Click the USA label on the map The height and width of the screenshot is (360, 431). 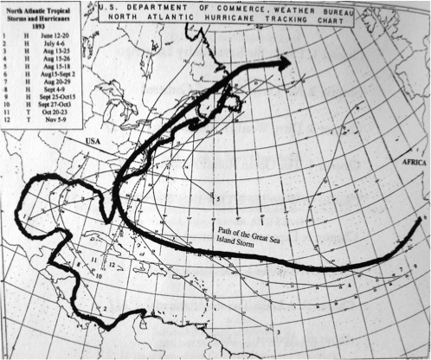pos(95,138)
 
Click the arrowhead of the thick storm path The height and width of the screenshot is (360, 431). pos(286,61)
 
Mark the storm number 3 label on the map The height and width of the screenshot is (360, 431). pos(280,331)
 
